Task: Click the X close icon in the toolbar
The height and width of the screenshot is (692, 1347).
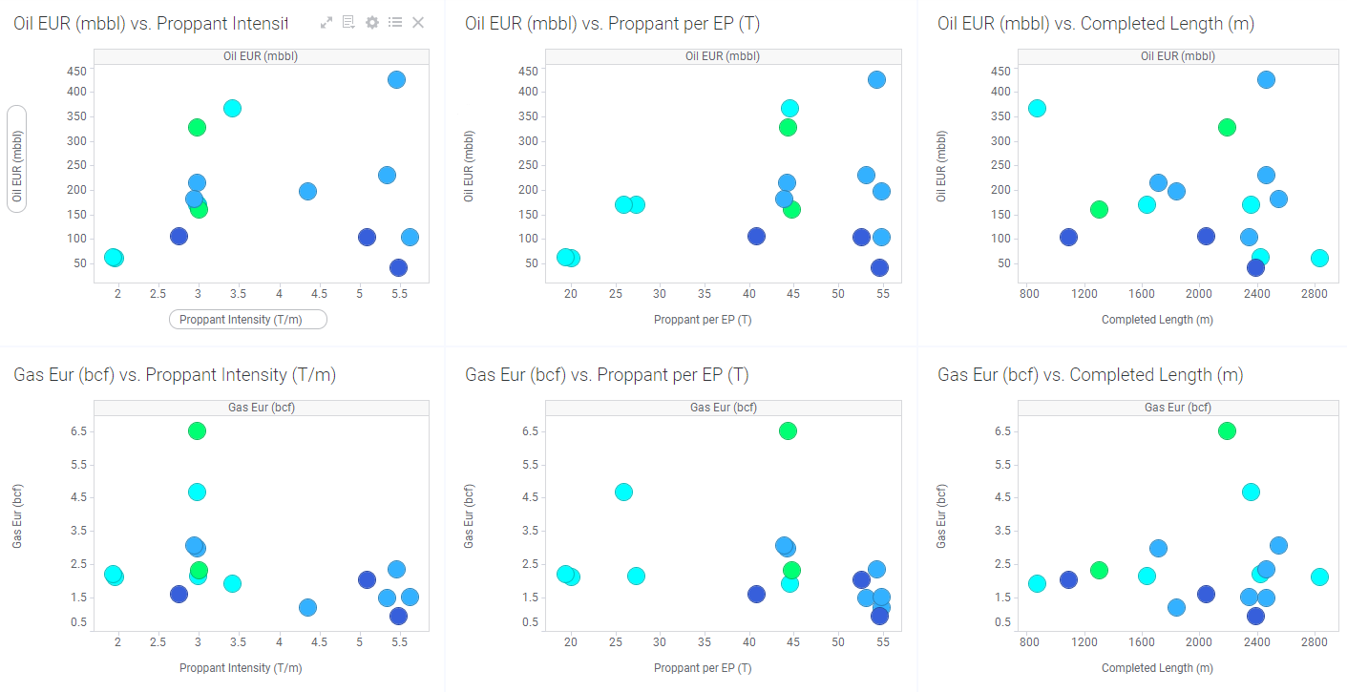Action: (418, 22)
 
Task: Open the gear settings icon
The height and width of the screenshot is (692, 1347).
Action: (372, 22)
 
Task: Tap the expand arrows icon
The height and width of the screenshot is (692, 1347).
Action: (326, 22)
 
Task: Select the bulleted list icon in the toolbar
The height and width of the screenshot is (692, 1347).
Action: (395, 22)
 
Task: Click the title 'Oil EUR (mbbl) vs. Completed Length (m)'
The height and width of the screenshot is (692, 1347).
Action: (1096, 24)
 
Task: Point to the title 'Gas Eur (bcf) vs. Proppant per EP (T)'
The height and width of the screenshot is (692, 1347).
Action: (606, 375)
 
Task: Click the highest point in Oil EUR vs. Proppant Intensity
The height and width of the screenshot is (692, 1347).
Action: (396, 79)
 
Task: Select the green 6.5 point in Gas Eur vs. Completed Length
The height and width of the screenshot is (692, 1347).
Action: (1227, 430)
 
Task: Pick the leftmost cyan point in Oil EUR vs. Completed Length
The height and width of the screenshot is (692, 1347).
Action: (1037, 108)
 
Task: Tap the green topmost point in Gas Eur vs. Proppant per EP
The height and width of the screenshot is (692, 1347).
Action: (788, 430)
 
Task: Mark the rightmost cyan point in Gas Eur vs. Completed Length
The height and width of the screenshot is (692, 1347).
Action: (1319, 577)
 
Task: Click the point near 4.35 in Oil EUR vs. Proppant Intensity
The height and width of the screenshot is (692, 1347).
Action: (307, 191)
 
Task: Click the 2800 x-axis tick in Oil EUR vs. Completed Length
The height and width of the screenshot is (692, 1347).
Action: (1314, 294)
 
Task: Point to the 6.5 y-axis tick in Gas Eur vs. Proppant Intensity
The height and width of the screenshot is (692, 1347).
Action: (78, 431)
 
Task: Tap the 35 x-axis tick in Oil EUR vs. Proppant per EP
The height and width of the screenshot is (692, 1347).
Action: (705, 294)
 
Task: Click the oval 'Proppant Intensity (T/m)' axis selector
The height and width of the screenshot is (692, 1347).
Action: (247, 320)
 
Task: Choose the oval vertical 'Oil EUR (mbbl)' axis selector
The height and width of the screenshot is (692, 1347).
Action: (16, 157)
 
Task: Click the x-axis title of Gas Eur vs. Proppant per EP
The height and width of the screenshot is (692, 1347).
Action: (702, 668)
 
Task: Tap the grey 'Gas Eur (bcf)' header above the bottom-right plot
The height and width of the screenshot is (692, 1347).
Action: (1177, 408)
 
